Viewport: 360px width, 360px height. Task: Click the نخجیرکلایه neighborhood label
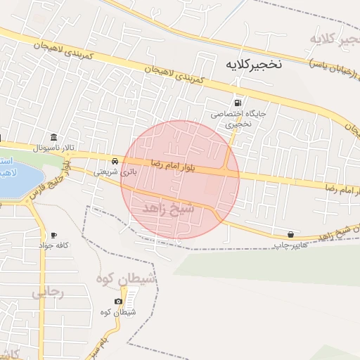pyautogui.click(x=253, y=63)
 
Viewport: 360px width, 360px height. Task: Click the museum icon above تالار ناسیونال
pyautogui.click(x=53, y=137)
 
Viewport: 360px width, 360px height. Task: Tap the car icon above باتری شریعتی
pyautogui.click(x=115, y=160)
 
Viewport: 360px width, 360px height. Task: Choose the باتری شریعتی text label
pyautogui.click(x=113, y=171)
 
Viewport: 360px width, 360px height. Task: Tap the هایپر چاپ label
pyautogui.click(x=290, y=245)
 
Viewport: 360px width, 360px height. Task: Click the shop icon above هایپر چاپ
pyautogui.click(x=290, y=234)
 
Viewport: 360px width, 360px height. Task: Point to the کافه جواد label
pyautogui.click(x=53, y=245)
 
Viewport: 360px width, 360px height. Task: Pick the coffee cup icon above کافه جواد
pyautogui.click(x=53, y=234)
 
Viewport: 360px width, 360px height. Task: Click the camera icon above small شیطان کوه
pyautogui.click(x=118, y=302)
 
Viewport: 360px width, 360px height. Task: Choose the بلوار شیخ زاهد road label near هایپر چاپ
pyautogui.click(x=331, y=233)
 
